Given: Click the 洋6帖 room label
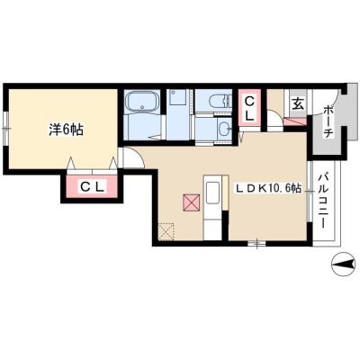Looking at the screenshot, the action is pyautogui.click(x=66, y=130).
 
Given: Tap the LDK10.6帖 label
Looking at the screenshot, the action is pyautogui.click(x=268, y=188).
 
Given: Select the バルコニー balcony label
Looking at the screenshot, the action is pyautogui.click(x=323, y=200).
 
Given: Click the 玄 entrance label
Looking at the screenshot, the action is pyautogui.click(x=298, y=104).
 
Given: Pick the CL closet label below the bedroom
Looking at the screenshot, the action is pyautogui.click(x=92, y=187).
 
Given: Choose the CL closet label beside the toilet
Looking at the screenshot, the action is pyautogui.click(x=249, y=109).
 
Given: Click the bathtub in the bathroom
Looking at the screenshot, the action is pyautogui.click(x=142, y=102).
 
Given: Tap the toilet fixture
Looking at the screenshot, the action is pyautogui.click(x=221, y=100).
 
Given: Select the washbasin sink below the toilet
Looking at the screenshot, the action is pyautogui.click(x=224, y=130).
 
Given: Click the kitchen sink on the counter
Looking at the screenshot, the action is pyautogui.click(x=212, y=193).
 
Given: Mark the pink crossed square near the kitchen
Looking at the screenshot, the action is pyautogui.click(x=191, y=202).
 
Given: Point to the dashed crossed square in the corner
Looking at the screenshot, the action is pyautogui.click(x=166, y=231).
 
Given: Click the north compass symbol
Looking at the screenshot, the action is pyautogui.click(x=343, y=264).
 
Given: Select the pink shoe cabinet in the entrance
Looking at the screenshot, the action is pyautogui.click(x=295, y=121).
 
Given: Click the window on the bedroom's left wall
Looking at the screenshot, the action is pyautogui.click(x=6, y=129).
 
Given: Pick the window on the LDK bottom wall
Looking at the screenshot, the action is pyautogui.click(x=256, y=243).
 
